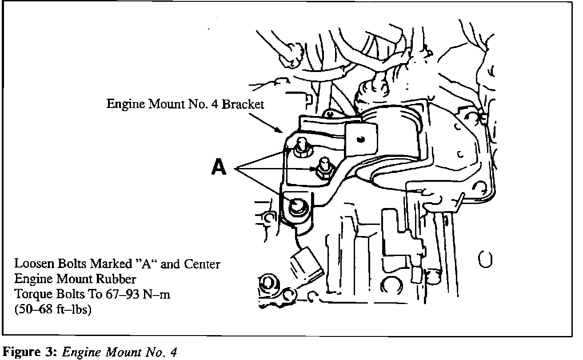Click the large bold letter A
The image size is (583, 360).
pyautogui.click(x=219, y=168)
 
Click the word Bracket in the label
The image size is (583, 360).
pyautogui.click(x=243, y=104)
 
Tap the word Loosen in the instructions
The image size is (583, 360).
pyautogui.click(x=29, y=264)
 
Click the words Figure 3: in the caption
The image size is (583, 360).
pyautogui.click(x=30, y=352)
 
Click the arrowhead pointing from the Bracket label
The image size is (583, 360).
pyautogui.click(x=281, y=131)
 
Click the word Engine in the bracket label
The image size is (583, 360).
pyautogui.click(x=123, y=104)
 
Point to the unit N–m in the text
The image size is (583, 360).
pyautogui.click(x=158, y=294)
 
